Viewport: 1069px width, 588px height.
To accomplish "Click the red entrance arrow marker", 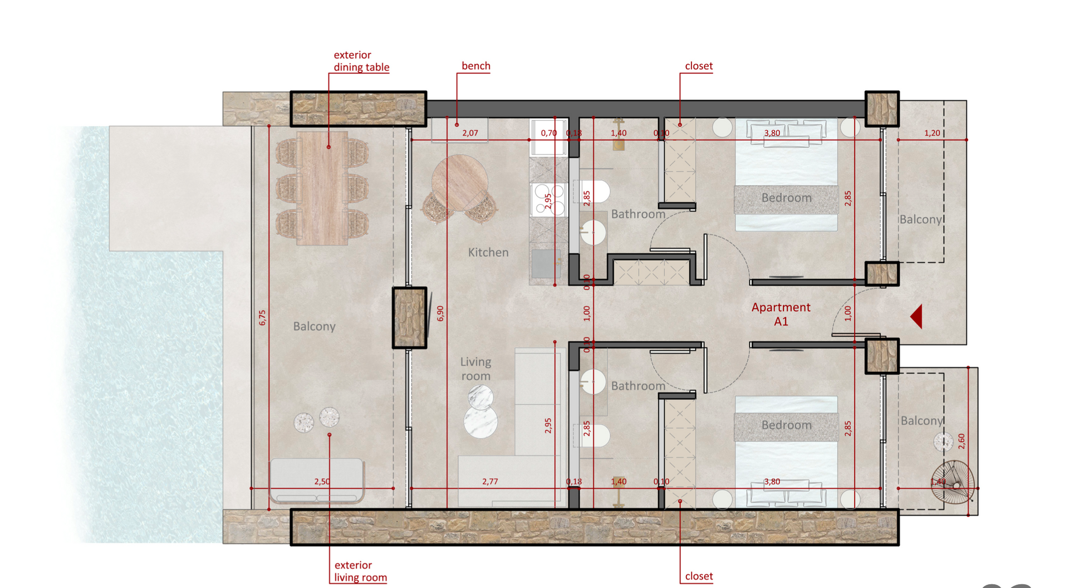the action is click(917, 316).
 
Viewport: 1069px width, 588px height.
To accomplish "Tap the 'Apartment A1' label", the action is click(781, 314).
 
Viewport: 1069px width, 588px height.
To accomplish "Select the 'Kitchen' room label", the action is click(488, 252).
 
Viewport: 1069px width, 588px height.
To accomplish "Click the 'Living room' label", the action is click(475, 369).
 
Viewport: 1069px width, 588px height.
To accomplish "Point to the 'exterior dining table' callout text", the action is click(361, 61).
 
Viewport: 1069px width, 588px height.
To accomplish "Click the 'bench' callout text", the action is click(476, 66).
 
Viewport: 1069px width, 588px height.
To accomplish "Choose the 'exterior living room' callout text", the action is click(360, 571).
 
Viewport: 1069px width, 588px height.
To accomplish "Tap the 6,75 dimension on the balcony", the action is click(262, 318).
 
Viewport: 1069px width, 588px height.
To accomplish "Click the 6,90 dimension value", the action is click(440, 313).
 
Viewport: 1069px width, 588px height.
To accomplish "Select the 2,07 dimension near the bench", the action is click(470, 133).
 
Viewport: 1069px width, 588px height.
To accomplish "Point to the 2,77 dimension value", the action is click(490, 482).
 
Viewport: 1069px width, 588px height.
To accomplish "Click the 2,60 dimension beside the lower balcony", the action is click(962, 442).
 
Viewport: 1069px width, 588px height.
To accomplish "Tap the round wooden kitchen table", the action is click(460, 183).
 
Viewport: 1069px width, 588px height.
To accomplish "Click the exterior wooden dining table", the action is click(322, 188).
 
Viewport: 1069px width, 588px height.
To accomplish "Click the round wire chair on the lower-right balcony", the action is click(953, 482).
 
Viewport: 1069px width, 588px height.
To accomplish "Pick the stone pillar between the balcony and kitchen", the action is click(410, 318).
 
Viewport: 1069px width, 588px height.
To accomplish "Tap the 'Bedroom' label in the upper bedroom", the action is click(786, 198).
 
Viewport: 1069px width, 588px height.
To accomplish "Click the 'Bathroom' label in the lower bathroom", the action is click(638, 385).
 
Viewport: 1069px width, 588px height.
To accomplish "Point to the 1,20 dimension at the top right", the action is click(932, 133).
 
